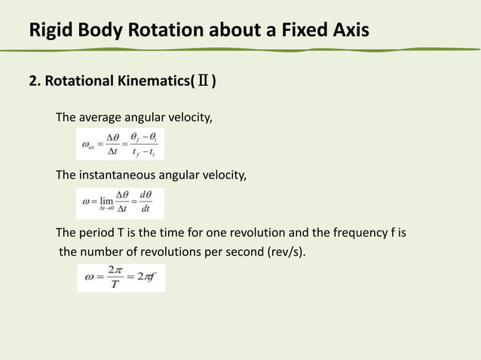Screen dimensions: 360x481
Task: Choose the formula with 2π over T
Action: click(120, 278)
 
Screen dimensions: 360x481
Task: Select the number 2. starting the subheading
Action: click(35, 81)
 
